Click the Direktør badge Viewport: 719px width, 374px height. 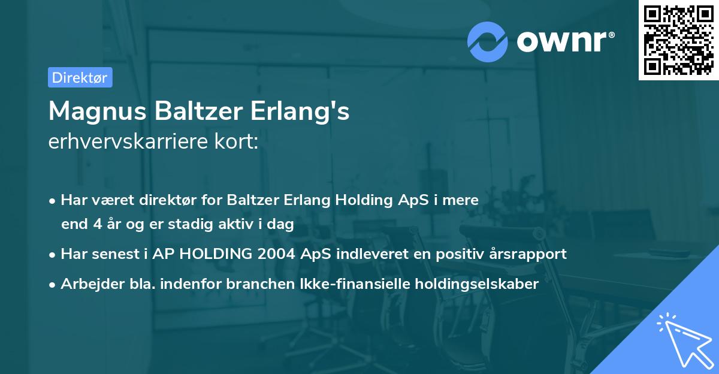click(x=80, y=77)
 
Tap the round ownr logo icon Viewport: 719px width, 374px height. click(x=488, y=41)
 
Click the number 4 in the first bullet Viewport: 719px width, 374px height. click(x=96, y=225)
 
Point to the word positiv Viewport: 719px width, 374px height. click(x=460, y=254)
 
